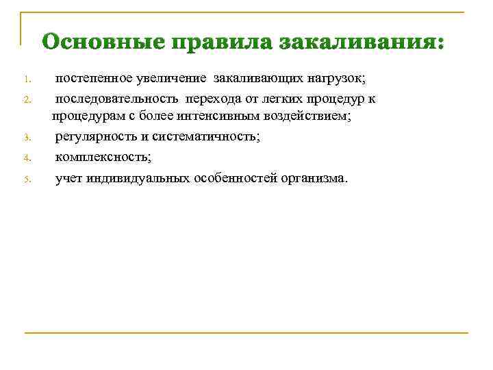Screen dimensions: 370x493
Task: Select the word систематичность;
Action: click(207, 137)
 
